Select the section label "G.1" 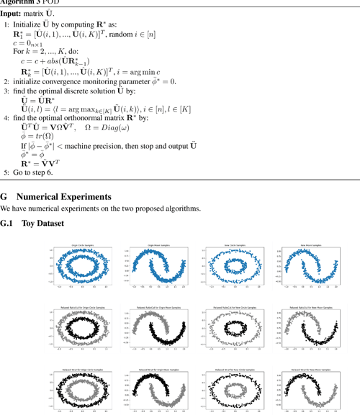click(x=8, y=223)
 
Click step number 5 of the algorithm click(x=6, y=173)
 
